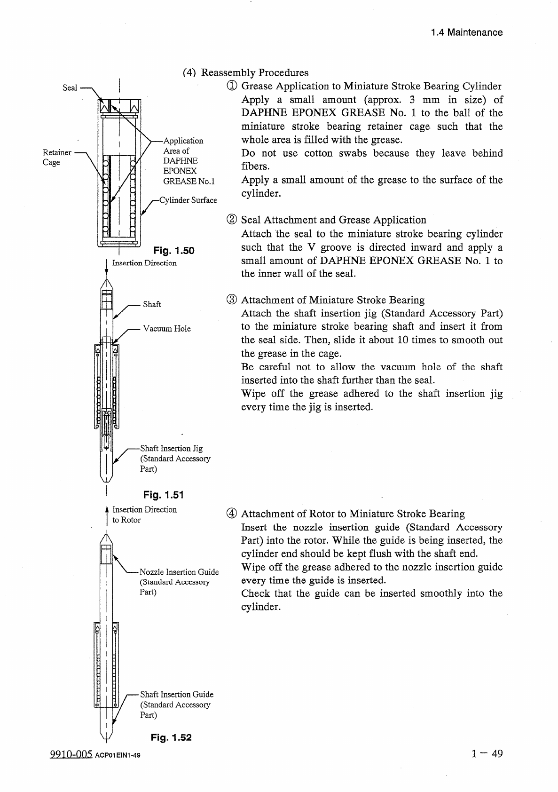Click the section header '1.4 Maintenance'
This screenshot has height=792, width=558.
[x=466, y=32]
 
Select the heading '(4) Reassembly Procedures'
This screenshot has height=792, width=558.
[x=245, y=73]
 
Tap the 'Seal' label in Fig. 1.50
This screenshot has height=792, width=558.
[x=70, y=88]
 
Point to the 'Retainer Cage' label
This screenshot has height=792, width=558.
[x=57, y=157]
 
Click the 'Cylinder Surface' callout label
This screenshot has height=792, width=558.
[x=189, y=200]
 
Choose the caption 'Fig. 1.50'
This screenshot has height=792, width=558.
[x=174, y=251]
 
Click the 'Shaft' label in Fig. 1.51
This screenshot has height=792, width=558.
[x=152, y=304]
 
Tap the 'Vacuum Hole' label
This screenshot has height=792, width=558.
[x=167, y=329]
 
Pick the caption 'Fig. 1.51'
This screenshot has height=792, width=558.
[x=163, y=494]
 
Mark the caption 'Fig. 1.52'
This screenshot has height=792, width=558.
[x=171, y=737]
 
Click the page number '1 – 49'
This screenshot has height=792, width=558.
[x=487, y=754]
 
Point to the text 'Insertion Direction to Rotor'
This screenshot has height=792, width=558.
[x=144, y=515]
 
